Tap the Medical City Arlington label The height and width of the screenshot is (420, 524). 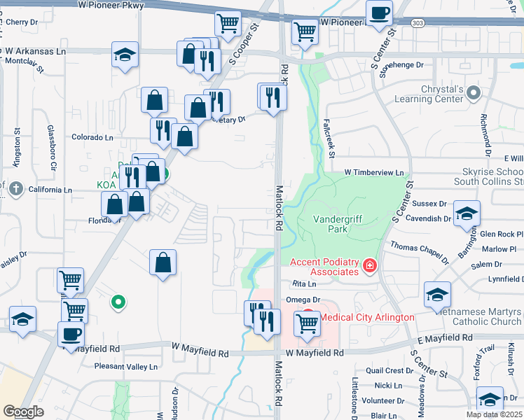[x=366, y=317]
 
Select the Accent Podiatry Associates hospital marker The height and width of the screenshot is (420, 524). [x=369, y=266]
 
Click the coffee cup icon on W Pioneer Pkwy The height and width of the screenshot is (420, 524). [x=379, y=13]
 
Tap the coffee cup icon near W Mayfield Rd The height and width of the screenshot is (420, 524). [x=71, y=335]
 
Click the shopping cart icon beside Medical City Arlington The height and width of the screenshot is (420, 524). [x=307, y=323]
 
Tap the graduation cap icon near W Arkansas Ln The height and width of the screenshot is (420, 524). [x=125, y=55]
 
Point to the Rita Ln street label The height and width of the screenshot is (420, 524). [x=304, y=284]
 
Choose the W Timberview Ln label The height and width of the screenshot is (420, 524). [x=374, y=172]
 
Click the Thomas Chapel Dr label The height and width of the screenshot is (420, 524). [x=419, y=253]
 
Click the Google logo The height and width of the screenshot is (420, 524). [x=23, y=412]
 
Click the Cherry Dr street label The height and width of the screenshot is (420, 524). [x=21, y=22]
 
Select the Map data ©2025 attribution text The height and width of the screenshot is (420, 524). [x=494, y=414]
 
